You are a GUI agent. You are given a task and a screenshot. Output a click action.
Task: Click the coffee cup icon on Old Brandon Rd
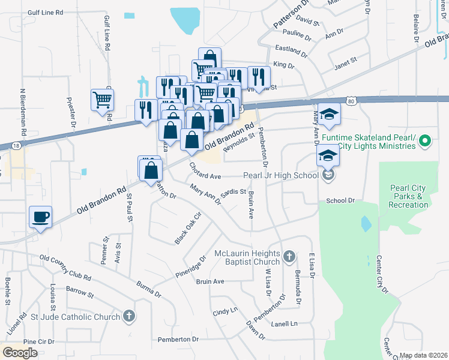pyautogui.click(x=40, y=217)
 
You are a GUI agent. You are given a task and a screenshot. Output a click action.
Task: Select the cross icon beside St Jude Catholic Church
pyautogui.click(x=128, y=316)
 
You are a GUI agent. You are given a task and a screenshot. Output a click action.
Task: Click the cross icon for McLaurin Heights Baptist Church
pyautogui.click(x=289, y=257)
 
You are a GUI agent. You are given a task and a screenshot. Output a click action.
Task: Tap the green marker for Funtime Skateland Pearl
pyautogui.click(x=425, y=142)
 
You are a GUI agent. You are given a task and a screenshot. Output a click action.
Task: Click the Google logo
pyautogui.click(x=20, y=353)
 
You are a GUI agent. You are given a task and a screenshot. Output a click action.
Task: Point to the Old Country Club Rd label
pyautogui.click(x=65, y=268)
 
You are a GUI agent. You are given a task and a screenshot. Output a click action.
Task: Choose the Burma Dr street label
pyautogui.click(x=149, y=289)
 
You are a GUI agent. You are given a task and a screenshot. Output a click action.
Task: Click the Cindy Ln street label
pyautogui.click(x=225, y=312)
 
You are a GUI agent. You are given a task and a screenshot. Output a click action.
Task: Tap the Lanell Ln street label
pyautogui.click(x=285, y=323)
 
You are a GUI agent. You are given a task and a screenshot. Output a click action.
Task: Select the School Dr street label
pyautogui.click(x=340, y=200)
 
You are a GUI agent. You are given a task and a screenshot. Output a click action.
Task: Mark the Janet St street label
pyautogui.click(x=345, y=60)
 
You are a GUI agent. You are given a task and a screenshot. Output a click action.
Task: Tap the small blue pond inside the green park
pyautogui.click(x=366, y=224)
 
